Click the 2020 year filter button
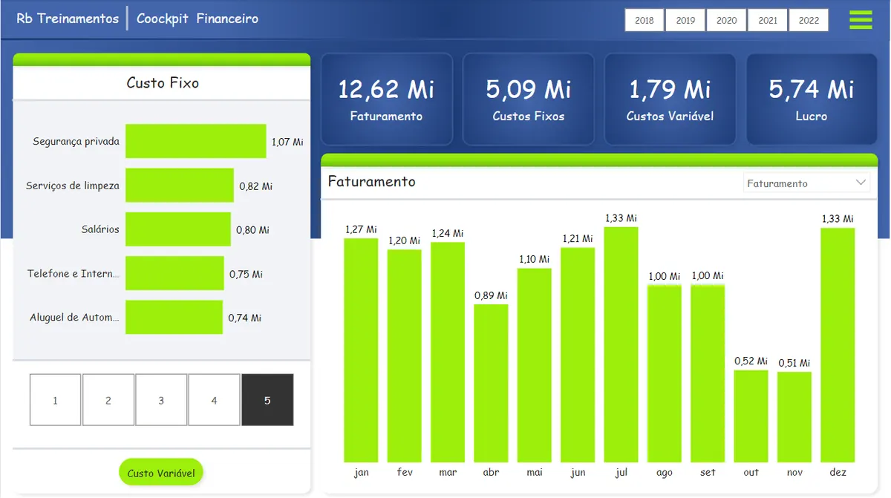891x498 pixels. point(726,20)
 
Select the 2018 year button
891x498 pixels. point(644,20)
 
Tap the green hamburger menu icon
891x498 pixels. point(861,20)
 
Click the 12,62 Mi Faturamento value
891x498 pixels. point(386,89)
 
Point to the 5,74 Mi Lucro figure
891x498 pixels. point(811,89)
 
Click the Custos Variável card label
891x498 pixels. point(670,116)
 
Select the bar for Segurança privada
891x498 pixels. point(196,141)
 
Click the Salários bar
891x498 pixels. point(177,229)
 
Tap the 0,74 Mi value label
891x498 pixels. point(244,318)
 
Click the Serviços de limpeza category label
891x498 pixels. point(73,186)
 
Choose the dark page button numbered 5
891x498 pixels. point(267,400)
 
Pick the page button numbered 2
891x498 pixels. point(108,400)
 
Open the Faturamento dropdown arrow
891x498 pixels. point(861,183)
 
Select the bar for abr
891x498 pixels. point(491,383)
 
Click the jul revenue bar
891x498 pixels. point(621,344)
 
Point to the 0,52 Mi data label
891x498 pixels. point(751,361)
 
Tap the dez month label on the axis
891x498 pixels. point(838,472)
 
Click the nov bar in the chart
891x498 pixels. point(794,417)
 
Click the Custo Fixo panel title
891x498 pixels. point(163,82)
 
